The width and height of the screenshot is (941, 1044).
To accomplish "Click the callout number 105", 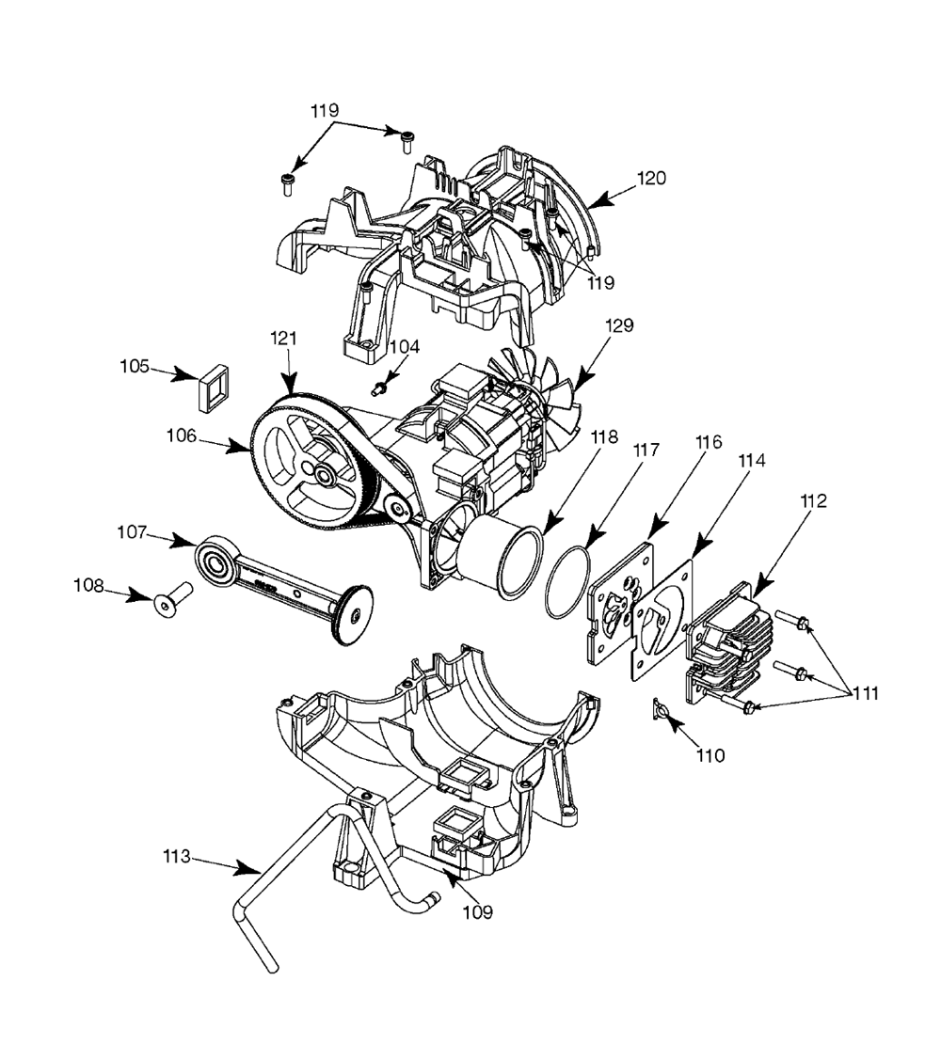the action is pos(135,366).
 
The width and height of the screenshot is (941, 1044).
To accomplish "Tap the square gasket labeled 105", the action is pos(212,388).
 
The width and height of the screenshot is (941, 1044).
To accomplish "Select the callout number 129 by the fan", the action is pos(619,325).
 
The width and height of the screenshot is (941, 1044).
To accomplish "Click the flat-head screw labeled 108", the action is pos(173,598).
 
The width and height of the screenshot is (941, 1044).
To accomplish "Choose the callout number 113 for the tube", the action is pos(177,856).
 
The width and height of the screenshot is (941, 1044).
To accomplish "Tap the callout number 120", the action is pos(651,178).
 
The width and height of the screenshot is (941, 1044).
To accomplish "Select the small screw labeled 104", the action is pos(379,388).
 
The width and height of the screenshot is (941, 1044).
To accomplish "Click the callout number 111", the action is pos(866,693).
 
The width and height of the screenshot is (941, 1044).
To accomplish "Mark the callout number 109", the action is pos(477,911).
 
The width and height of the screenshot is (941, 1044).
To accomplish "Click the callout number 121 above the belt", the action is pos(283,339).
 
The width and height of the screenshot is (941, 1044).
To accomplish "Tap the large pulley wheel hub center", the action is pos(325,475).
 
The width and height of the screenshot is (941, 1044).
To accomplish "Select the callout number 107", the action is pos(131,532).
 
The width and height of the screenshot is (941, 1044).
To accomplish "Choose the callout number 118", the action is pos(604,437).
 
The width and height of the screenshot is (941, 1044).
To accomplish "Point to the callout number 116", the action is pos(709,441).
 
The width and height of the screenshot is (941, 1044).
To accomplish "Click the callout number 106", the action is pos(181,435).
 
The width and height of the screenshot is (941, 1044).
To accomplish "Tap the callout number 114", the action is pos(752,460).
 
